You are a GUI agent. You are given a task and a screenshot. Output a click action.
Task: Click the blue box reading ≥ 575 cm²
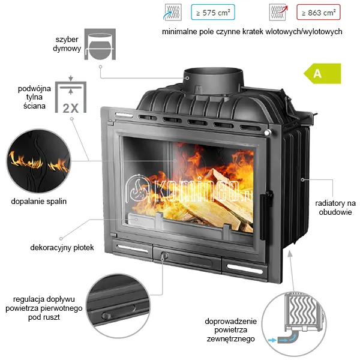tap(213, 12)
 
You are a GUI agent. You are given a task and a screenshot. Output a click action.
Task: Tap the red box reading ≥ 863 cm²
tap(319, 12)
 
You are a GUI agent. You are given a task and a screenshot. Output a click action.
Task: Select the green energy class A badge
tap(322, 73)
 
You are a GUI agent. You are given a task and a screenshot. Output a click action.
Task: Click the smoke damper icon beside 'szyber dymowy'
tap(100, 44)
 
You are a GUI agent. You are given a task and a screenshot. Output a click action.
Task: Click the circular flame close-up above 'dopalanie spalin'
tap(38, 161)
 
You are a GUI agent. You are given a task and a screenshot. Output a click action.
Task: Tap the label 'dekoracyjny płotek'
tap(62, 247)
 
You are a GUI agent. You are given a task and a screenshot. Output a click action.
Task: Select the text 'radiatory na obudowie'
tap(335, 208)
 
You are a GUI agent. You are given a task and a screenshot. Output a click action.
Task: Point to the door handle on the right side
tap(266, 215)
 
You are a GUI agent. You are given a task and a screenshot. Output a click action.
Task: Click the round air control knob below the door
tap(164, 256)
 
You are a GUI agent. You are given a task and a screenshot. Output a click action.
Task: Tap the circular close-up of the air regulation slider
tap(118, 305)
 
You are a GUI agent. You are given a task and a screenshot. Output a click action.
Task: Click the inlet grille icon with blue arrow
tap(173, 12)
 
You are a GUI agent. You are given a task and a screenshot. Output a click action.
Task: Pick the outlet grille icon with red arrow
tap(278, 12)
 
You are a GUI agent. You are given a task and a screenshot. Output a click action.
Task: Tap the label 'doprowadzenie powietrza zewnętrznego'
tap(230, 330)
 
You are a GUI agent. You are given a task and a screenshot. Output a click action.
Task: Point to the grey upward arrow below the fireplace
tap(292, 271)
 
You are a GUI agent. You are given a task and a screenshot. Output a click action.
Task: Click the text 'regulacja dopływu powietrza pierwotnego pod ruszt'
tap(44, 308)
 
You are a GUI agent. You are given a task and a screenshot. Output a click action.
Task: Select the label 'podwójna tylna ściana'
tap(34, 97)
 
